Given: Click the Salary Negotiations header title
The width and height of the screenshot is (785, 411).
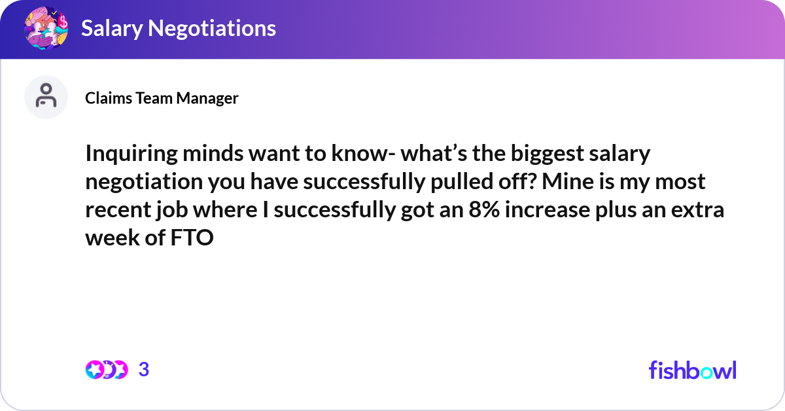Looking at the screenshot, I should point(178,28).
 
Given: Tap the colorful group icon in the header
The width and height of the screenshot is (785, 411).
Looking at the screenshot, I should point(46,28).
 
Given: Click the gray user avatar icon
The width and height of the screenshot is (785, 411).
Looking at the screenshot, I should point(46,97).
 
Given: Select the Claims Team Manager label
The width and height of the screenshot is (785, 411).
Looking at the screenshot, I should point(162,98).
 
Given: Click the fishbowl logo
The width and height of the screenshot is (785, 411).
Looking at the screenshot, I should point(692,370).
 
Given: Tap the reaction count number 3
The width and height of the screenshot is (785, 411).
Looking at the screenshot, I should point(144,370).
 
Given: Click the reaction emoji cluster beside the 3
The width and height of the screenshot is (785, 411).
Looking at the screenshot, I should point(106,370).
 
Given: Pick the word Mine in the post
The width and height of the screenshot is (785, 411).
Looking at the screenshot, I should point(574,182).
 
